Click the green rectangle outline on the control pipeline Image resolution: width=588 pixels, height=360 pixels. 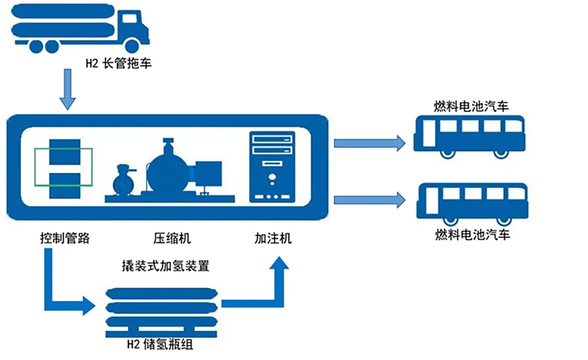64,167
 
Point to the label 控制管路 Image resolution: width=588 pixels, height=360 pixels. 64,238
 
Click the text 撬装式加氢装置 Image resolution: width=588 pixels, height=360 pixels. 166,266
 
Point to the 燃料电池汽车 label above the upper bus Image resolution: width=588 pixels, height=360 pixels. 471,106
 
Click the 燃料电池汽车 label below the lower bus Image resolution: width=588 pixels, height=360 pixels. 473,235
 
